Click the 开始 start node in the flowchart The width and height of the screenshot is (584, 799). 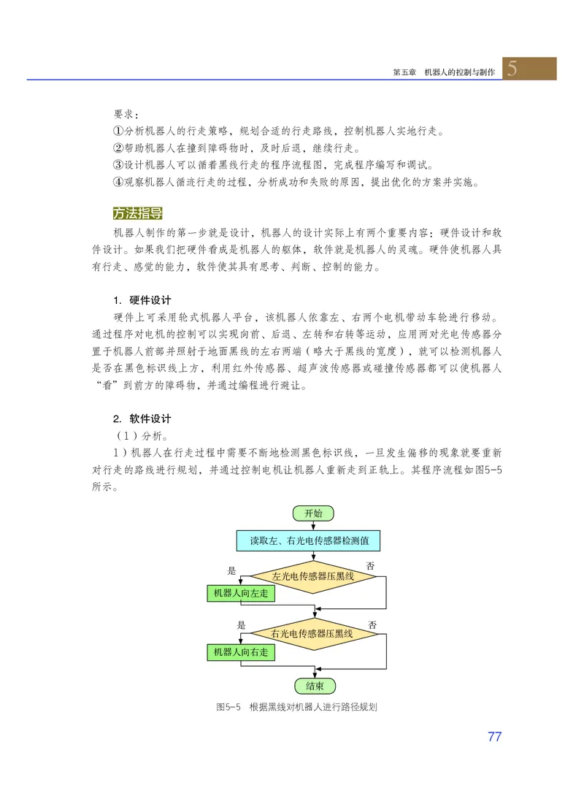click(313, 513)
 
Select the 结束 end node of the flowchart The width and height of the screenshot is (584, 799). click(314, 686)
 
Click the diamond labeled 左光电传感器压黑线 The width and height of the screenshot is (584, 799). click(312, 576)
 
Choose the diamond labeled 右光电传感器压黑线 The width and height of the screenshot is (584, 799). click(312, 633)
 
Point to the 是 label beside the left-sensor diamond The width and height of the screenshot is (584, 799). click(232, 570)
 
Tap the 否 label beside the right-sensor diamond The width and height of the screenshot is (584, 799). click(372, 625)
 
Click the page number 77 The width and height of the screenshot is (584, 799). click(494, 736)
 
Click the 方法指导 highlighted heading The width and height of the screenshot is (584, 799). click(137, 213)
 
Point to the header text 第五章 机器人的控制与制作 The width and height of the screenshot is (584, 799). click(444, 73)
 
